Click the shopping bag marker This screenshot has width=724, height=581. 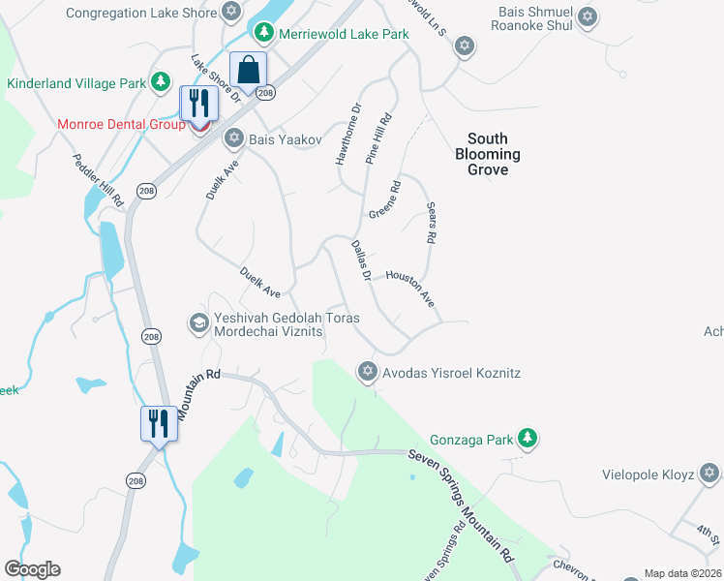[249, 71]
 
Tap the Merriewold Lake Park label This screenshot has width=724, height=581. [344, 34]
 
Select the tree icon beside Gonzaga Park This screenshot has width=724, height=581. [527, 440]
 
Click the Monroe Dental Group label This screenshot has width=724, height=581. [122, 124]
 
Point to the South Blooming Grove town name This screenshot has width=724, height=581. [488, 154]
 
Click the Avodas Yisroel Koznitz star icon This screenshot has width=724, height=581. [367, 372]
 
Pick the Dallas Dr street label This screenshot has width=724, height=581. [361, 260]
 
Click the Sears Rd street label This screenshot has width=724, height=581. [432, 224]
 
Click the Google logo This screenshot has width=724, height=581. [32, 569]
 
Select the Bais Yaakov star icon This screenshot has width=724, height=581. [233, 139]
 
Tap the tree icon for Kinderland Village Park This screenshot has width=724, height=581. [161, 84]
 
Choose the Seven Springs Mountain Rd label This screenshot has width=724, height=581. [460, 503]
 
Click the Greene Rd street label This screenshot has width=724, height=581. [383, 200]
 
